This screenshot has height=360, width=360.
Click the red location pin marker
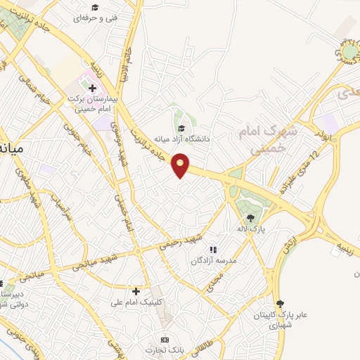(181, 165)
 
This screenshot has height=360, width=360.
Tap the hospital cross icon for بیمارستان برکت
(92, 88)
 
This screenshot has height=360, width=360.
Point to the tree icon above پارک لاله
(251, 217)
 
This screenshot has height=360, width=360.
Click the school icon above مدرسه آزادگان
(212, 250)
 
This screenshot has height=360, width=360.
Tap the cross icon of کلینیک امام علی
(136, 290)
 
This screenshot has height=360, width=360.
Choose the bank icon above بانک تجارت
(165, 340)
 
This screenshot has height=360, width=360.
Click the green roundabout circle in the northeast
(349, 51)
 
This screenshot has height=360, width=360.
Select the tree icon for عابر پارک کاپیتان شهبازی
(281, 302)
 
